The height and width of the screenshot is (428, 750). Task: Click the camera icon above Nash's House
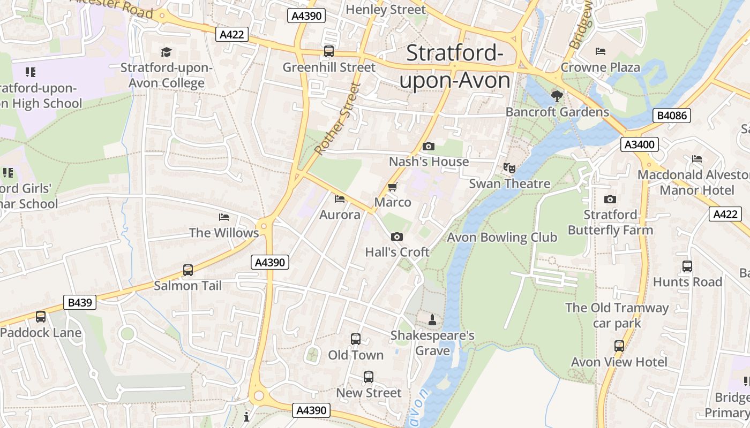[x=429, y=146]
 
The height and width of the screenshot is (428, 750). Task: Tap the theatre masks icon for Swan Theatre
[x=509, y=168]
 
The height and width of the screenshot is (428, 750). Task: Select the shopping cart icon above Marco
[x=393, y=187]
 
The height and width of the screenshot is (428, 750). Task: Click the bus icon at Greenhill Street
[x=329, y=51]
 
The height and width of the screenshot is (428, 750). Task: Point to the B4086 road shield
[x=672, y=116]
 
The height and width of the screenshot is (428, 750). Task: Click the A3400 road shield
[x=640, y=144]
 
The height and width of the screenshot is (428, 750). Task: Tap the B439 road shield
[x=80, y=302]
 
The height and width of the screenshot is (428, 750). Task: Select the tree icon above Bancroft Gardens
[x=557, y=96]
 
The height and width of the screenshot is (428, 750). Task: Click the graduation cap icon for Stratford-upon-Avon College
[x=166, y=52]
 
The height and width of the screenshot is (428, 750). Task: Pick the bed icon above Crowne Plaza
[x=601, y=51]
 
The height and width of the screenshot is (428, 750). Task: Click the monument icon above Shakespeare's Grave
[x=432, y=320]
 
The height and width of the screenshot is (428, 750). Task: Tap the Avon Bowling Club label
[x=502, y=237]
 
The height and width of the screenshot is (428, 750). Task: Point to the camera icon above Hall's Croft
[x=397, y=236]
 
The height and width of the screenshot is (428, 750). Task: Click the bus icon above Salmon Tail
[x=188, y=270]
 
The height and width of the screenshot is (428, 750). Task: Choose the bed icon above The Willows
[x=224, y=217]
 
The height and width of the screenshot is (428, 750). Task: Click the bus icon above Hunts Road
[x=687, y=266]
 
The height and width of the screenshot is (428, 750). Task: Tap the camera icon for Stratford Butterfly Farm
[x=610, y=200]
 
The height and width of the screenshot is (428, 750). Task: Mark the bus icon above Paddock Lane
[x=41, y=317]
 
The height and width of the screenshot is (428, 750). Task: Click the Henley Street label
[x=386, y=10]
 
